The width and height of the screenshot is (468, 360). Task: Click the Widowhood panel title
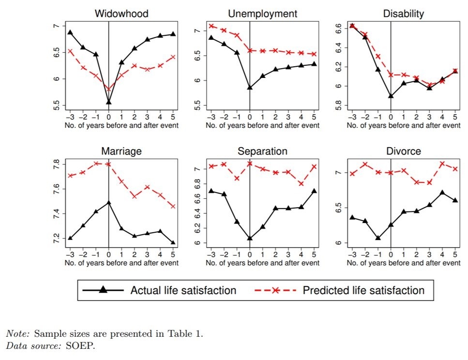pos(121,14)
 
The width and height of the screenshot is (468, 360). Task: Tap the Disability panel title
pos(403,14)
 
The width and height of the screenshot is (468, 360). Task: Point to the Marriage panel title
pos(121,151)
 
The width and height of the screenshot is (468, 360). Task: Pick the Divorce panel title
pos(403,151)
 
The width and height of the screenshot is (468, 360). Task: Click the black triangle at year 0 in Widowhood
pos(108,102)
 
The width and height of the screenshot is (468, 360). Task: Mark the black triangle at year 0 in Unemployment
pos(250,88)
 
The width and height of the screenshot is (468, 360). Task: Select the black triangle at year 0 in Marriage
pos(108,203)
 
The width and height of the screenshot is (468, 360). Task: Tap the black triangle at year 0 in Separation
pos(250,238)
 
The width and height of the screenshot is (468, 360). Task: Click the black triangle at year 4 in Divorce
pos(442,193)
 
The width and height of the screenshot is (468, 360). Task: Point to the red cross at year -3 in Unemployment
pos(211,26)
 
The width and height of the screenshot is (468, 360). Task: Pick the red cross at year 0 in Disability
pos(391,75)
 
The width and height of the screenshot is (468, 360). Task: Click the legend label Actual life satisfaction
pos(183,290)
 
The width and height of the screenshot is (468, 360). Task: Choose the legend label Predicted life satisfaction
pos(363,290)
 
